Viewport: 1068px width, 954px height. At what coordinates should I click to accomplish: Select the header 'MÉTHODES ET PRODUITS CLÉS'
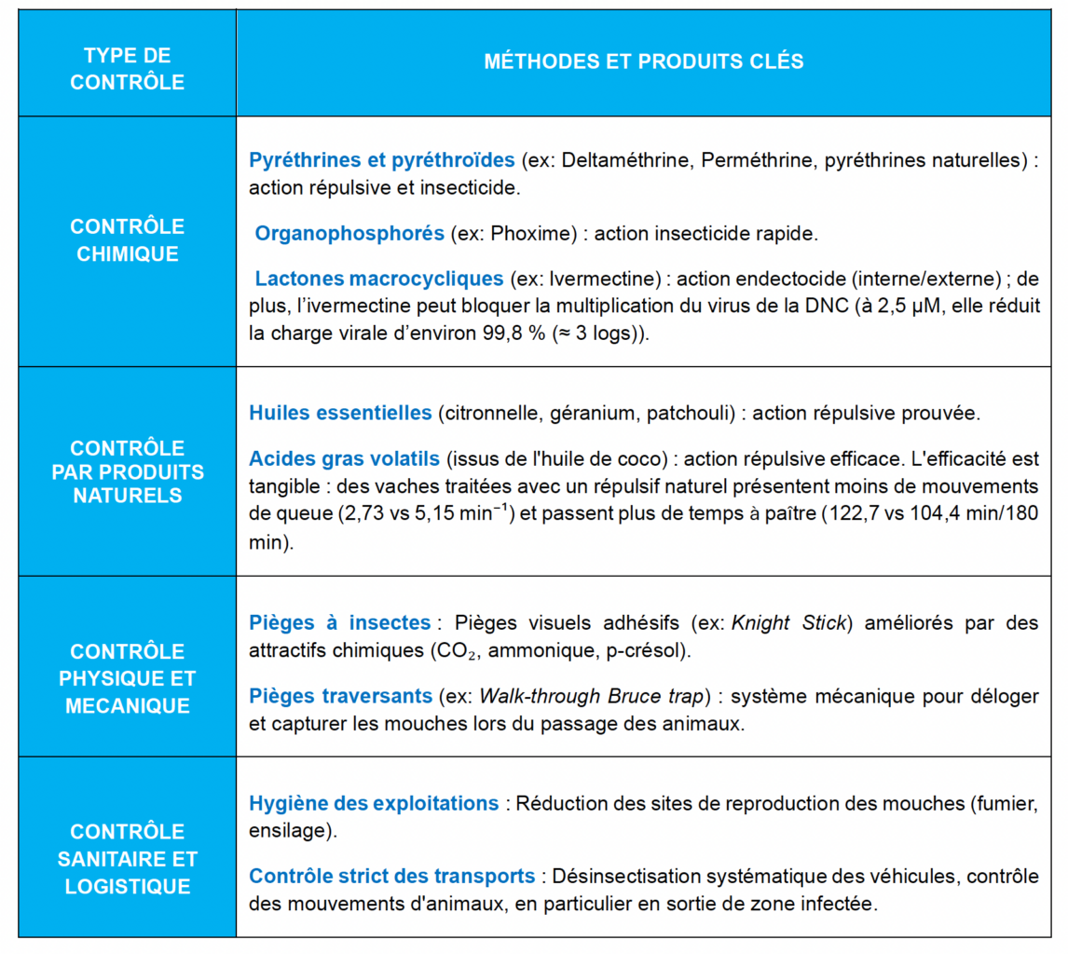click(x=643, y=62)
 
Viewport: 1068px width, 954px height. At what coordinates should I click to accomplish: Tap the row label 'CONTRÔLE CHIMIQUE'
click(x=127, y=240)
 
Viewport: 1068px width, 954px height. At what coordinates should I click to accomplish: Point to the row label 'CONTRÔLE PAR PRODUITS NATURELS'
click(x=127, y=471)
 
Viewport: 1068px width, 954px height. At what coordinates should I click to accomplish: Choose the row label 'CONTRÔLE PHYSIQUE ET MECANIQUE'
click(x=127, y=678)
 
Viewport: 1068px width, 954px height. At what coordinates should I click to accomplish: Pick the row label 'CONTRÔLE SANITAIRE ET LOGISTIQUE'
click(x=127, y=858)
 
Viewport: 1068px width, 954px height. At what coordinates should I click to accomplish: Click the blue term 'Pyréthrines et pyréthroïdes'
click(x=381, y=160)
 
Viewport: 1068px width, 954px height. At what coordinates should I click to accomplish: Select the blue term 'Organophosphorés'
click(x=349, y=233)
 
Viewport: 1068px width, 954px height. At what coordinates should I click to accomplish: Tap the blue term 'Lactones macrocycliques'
click(x=379, y=279)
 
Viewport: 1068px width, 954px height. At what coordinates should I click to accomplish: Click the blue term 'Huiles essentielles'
click(x=340, y=413)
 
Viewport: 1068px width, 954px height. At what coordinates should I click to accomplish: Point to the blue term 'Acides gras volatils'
click(x=343, y=458)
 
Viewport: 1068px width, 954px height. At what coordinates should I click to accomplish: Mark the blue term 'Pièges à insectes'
click(x=340, y=622)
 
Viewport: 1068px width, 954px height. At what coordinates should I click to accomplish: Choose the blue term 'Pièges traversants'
click(x=340, y=696)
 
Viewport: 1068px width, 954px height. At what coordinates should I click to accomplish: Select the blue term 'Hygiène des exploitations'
click(x=374, y=803)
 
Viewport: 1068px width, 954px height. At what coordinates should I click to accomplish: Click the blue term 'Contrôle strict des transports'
click(x=391, y=877)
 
